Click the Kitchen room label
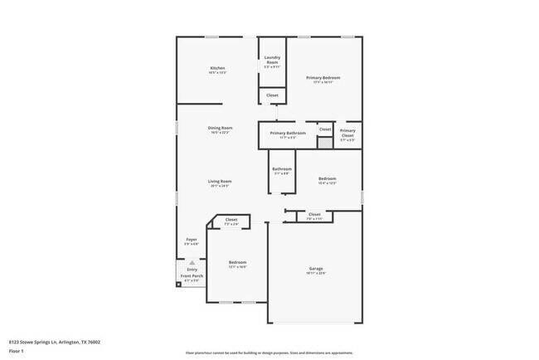[217, 68]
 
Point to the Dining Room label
[220, 128]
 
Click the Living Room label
[220, 181]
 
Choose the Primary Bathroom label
[288, 133]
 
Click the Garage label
[316, 268]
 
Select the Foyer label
[191, 239]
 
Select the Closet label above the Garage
[314, 214]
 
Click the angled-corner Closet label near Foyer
[231, 220]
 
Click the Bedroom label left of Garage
[237, 262]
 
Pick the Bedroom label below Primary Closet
[328, 178]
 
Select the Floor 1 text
[16, 351]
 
